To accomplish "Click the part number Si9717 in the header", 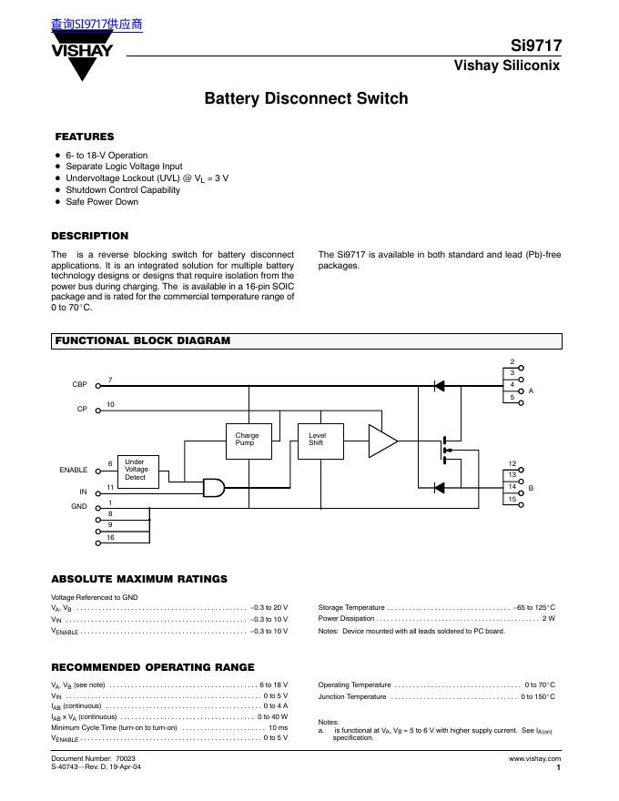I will (536, 46).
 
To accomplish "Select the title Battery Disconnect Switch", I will (306, 98).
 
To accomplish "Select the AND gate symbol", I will (215, 488).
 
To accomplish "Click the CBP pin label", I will (79, 385).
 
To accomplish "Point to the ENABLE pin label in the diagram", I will (74, 470).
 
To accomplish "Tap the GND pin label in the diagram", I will (79, 506).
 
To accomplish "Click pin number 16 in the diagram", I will (110, 539).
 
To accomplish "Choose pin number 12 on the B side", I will (512, 464).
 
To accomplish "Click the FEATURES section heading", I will (85, 137).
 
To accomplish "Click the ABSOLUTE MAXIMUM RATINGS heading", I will (139, 579).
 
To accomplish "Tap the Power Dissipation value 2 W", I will (549, 619).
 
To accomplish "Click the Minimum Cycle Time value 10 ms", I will (278, 728).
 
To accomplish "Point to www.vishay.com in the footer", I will (535, 758).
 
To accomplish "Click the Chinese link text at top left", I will (97, 25).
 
